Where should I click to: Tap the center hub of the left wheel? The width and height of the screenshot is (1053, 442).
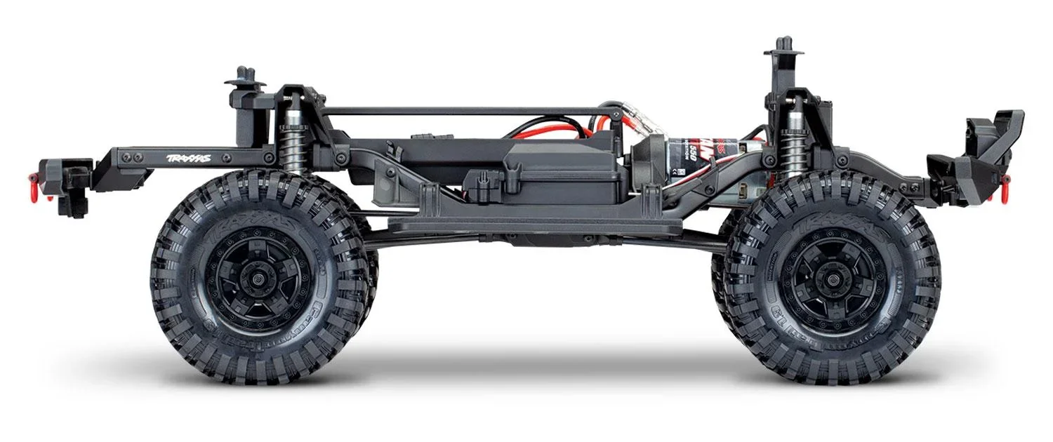tap(258, 279)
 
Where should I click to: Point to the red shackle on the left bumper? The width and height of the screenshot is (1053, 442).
tap(48, 190)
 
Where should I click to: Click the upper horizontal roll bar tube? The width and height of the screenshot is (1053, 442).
tap(463, 111)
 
